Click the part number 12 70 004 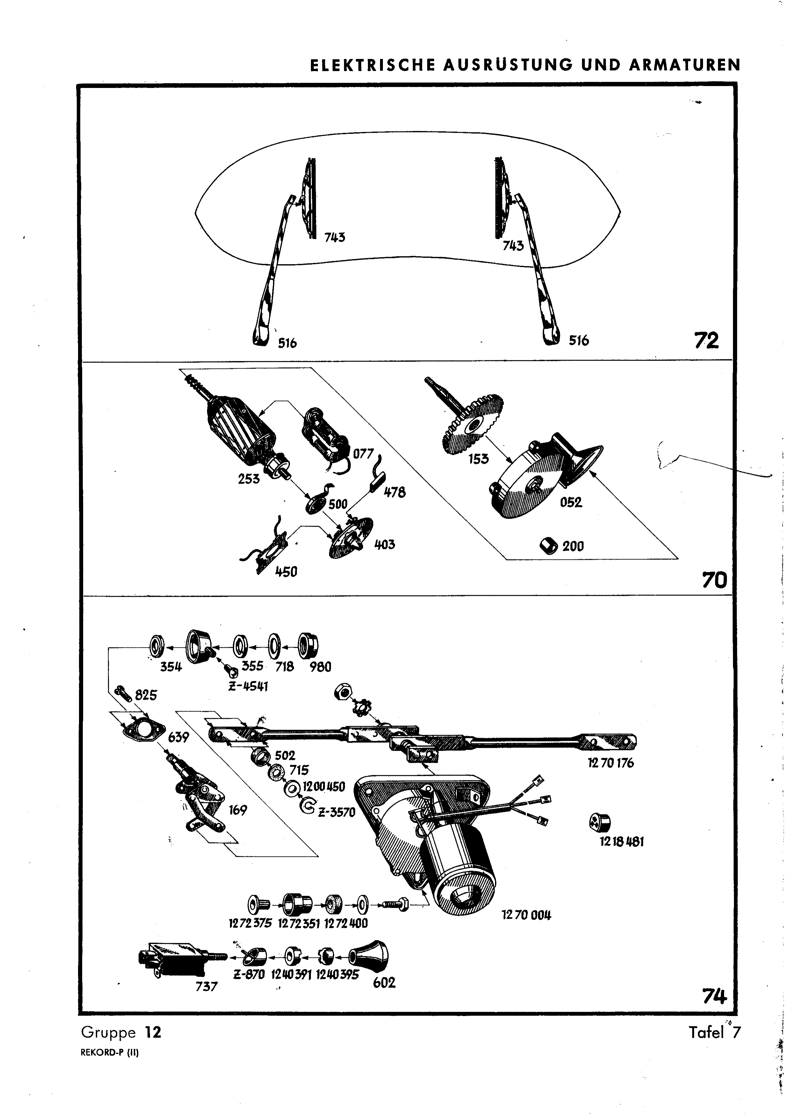coord(526,915)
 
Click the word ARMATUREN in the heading coord(684,65)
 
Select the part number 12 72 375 coord(250,923)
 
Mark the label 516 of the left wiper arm coord(287,343)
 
